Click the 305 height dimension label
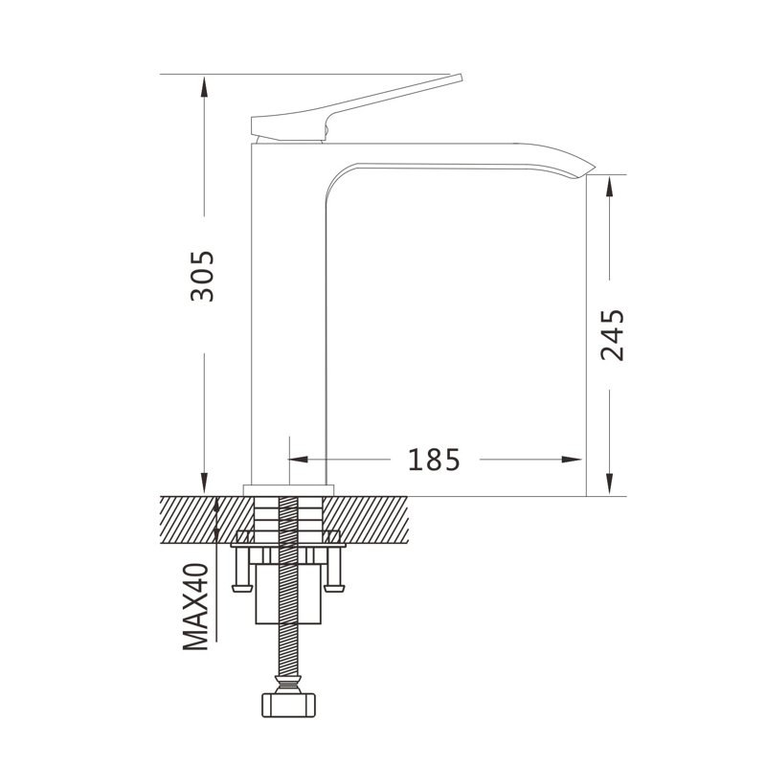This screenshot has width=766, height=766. (202, 276)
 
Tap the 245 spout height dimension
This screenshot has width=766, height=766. (613, 334)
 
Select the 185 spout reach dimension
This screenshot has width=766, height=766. (434, 460)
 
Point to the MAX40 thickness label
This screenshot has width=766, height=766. (196, 607)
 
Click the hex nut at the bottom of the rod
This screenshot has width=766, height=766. (289, 705)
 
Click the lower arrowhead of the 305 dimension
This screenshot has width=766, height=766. (204, 484)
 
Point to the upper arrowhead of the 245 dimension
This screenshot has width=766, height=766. (609, 186)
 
